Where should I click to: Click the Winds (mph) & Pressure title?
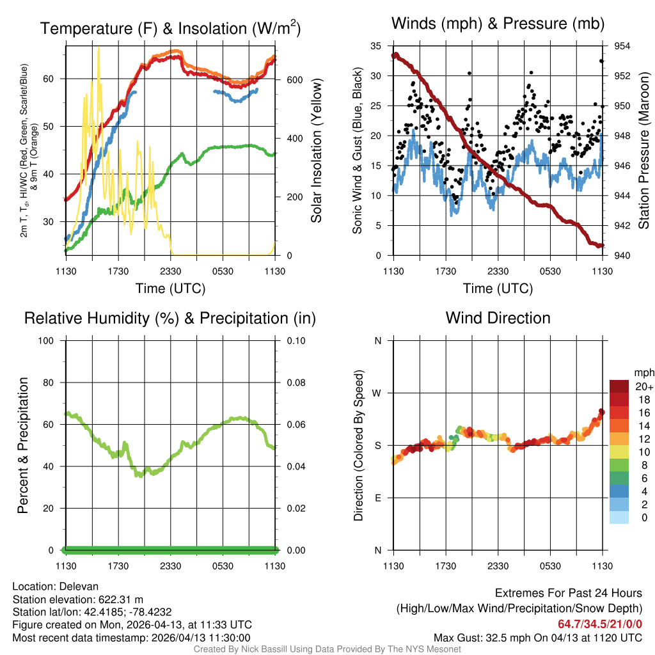[498, 24]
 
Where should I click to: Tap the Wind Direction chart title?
[498, 318]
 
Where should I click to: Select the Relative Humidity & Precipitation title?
[170, 318]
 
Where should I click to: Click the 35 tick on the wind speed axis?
[377, 46]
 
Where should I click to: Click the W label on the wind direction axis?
[377, 393]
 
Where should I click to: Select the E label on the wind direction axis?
[378, 498]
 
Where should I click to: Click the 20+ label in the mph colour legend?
[643, 386]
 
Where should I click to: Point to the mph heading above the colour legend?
[643, 372]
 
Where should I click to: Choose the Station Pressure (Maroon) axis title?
[644, 151]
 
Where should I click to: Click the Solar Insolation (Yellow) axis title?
[316, 151]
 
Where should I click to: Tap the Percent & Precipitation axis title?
[22, 445]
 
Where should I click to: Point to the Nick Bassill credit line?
[327, 649]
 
